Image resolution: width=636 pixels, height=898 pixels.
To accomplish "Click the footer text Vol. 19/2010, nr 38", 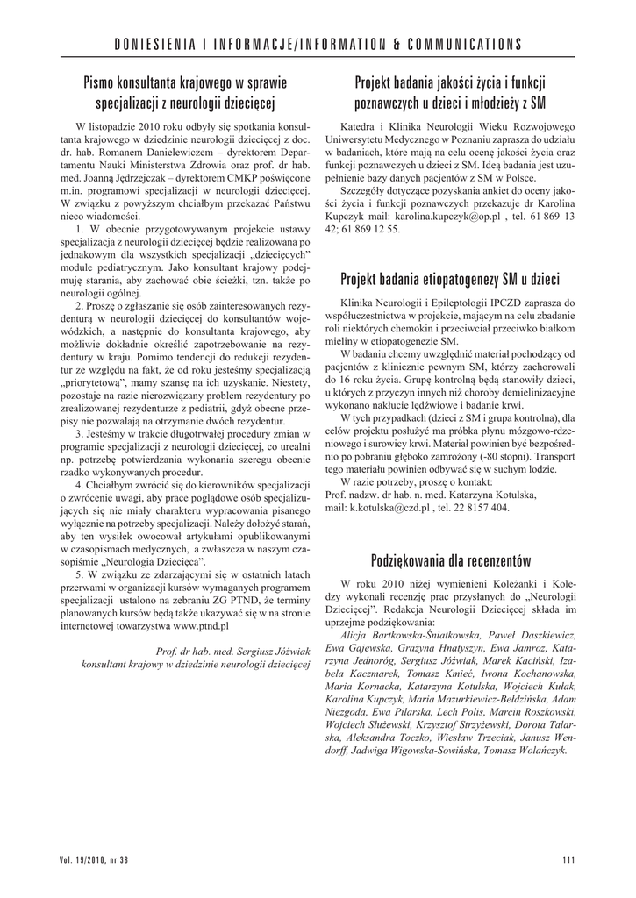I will click(94, 859).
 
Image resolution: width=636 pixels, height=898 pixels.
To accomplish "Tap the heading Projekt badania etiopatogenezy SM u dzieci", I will click(450, 280).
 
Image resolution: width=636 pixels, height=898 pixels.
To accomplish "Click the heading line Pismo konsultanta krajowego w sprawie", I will click(187, 83).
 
